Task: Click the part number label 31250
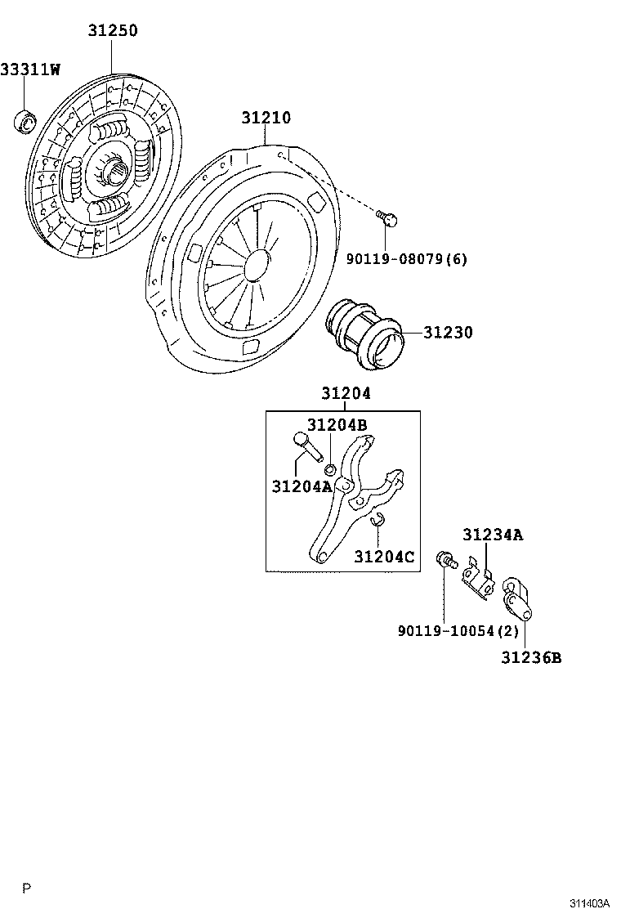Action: [113, 31]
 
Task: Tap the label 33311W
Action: [30, 69]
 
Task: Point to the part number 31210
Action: [266, 118]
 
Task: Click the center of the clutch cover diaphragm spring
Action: [257, 262]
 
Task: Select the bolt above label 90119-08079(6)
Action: [388, 218]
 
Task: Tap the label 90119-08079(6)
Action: [407, 259]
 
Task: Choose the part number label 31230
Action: [448, 333]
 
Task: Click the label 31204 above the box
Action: [346, 393]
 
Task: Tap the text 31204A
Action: [301, 486]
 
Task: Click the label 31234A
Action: [492, 535]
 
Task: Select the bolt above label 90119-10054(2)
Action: [446, 560]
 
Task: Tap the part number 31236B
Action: [531, 657]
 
